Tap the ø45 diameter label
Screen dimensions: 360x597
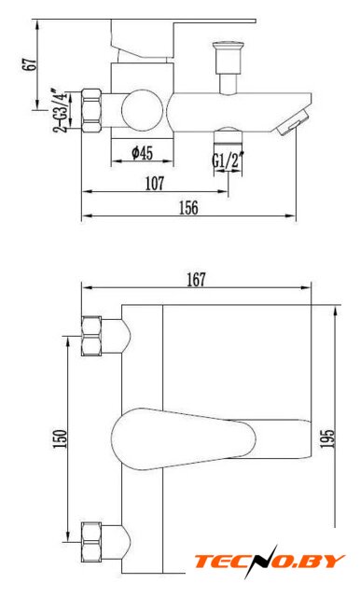(142, 153)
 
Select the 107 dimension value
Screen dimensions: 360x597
(155, 184)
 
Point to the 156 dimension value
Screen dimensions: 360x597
(189, 208)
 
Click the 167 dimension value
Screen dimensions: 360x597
(196, 280)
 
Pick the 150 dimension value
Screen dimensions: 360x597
(60, 439)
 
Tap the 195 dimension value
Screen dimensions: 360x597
(327, 439)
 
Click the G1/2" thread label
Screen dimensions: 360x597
(228, 160)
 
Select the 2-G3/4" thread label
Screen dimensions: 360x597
(61, 111)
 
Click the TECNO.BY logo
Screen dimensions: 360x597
(270, 562)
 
